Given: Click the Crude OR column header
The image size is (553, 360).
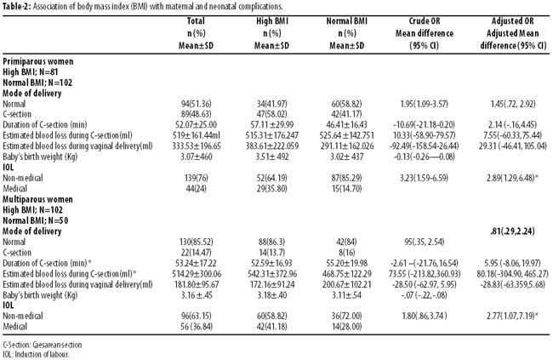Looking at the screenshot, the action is tap(425, 33).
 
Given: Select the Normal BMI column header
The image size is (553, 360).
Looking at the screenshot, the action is tap(346, 33).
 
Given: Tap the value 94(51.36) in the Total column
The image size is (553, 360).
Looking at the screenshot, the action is tap(196, 104).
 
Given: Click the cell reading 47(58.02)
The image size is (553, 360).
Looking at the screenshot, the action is tap(272, 114).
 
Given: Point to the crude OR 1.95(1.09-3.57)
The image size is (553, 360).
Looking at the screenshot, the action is tap(425, 104).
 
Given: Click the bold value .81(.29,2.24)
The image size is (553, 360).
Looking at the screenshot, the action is tap(512, 231).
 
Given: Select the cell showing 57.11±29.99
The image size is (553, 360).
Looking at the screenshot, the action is tap(272, 125).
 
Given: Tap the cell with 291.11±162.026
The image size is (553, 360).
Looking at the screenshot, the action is tap(346, 146).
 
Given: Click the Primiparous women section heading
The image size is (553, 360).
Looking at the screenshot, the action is tap(38, 61).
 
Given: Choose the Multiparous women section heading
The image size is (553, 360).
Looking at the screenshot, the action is tap(37, 199).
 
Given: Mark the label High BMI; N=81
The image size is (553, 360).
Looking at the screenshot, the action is tap(31, 72).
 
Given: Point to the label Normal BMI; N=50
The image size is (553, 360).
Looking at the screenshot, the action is tap(36, 220).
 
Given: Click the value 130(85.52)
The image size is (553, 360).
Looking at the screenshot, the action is tap(196, 242).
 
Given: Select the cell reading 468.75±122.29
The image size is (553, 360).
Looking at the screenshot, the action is tap(346, 274).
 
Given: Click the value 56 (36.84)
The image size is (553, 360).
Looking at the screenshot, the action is tap(196, 327).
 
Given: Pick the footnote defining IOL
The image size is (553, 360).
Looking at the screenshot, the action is tap(36, 354).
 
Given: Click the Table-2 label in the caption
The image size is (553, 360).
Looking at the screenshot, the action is tap(17, 7).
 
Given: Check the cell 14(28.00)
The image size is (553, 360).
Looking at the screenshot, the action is tap(346, 327).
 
